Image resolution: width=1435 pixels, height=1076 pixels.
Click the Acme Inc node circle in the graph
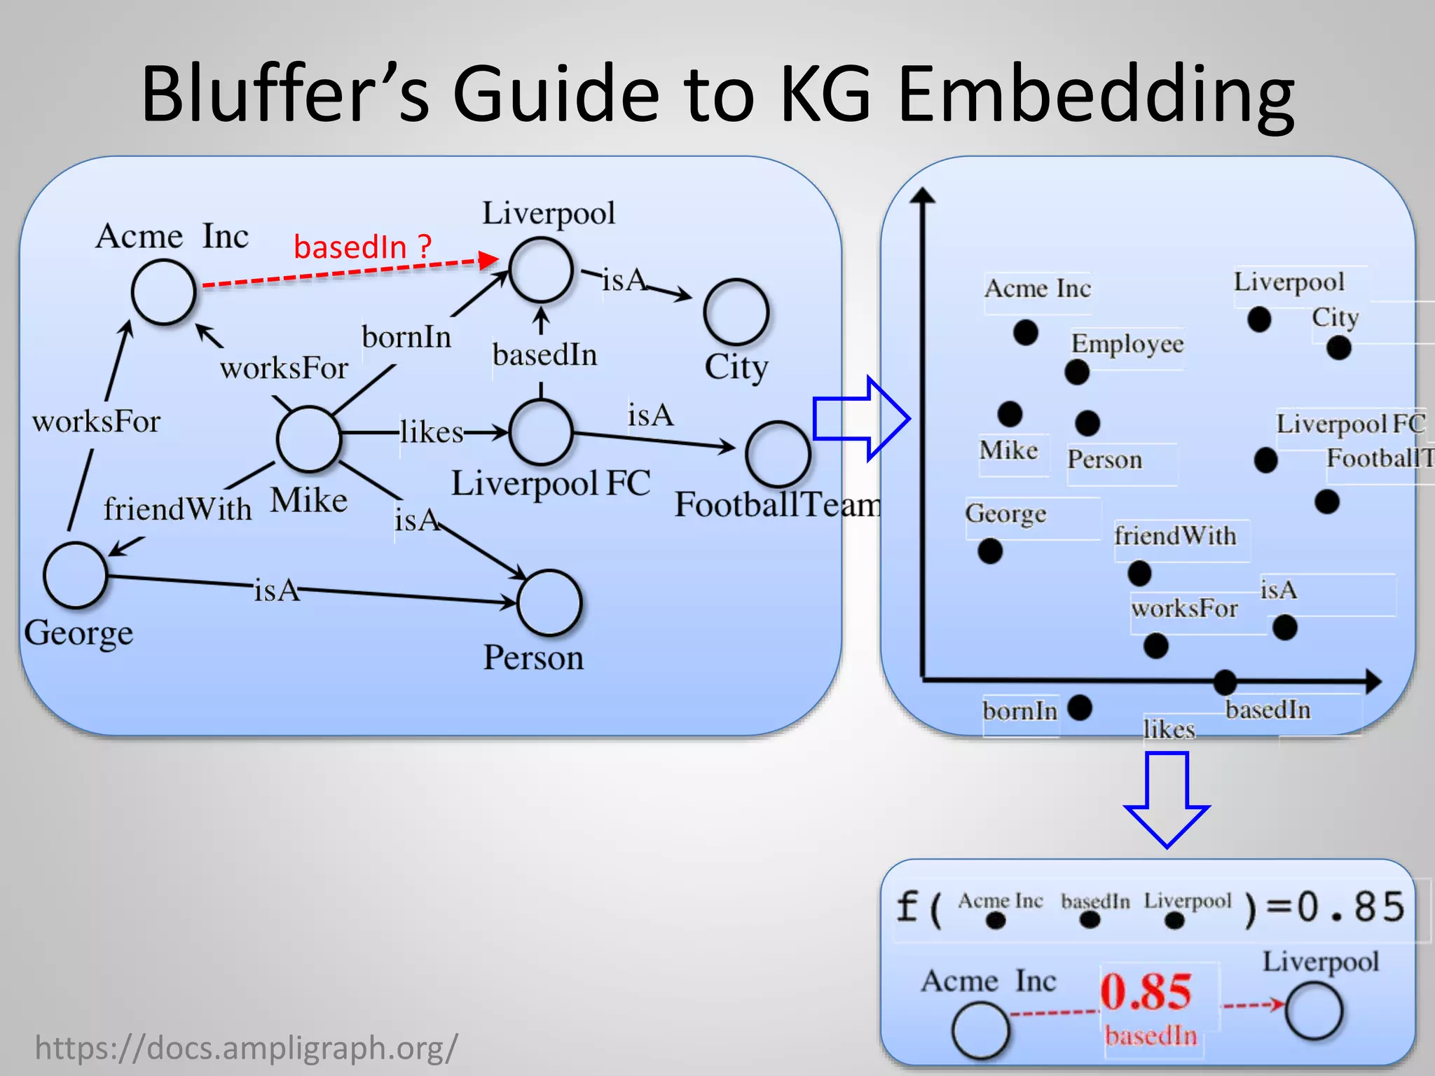coord(163,292)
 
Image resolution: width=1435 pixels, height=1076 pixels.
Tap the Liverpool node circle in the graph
coord(541,270)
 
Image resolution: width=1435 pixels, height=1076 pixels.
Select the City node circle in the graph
coord(736,312)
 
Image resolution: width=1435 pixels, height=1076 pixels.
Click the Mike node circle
coord(308,439)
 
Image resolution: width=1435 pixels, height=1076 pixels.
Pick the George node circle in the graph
coord(75,574)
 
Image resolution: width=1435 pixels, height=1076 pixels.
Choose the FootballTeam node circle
coord(778,455)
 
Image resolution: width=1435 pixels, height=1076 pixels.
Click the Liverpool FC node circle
coord(541,432)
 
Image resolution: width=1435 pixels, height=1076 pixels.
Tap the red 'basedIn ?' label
coord(362,247)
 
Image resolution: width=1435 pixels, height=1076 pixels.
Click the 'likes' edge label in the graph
coord(432,432)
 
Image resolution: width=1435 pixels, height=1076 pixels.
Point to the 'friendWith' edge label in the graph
coord(177,509)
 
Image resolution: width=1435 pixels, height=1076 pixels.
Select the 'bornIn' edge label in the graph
coord(406,337)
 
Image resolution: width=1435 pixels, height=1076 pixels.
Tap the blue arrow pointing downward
coord(1167,799)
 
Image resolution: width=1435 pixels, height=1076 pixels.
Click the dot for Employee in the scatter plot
coord(1077,372)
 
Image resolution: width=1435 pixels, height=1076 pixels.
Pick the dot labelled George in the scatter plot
coord(990,551)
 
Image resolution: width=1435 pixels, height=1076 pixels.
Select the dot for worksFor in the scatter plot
coord(1155,645)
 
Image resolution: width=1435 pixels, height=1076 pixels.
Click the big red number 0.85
coord(1146,992)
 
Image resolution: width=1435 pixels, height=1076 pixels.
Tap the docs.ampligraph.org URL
coord(246,1048)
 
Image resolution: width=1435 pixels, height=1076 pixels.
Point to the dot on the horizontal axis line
coord(1225,681)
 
